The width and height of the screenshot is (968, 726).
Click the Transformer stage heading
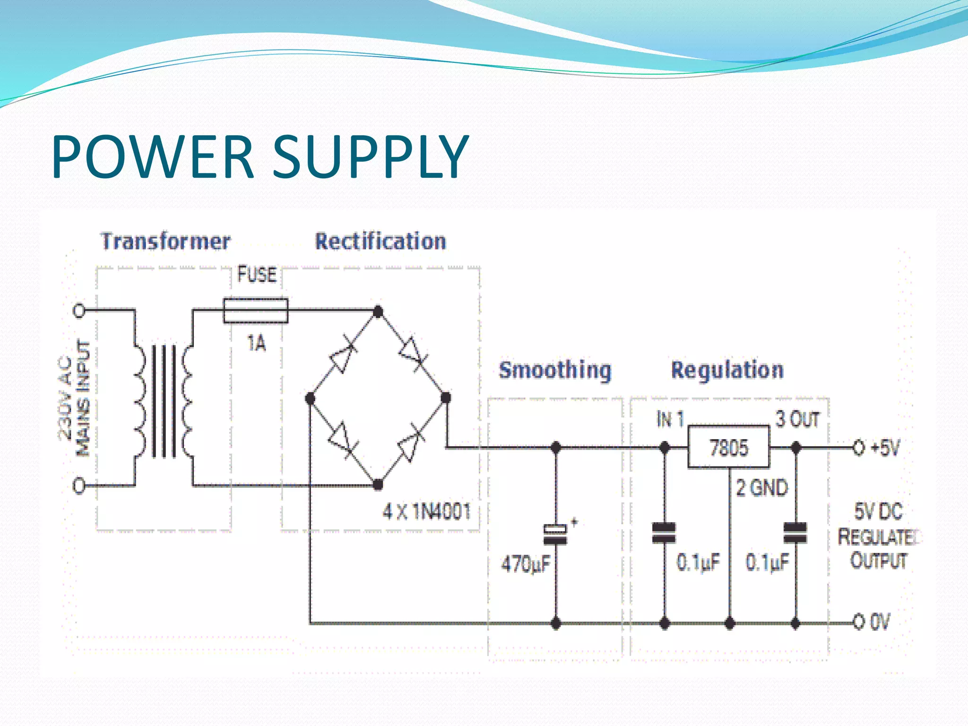(x=165, y=241)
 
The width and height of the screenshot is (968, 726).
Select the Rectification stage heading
(x=380, y=241)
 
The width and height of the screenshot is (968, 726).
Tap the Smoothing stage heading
(x=555, y=370)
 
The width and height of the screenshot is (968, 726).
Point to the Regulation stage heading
(x=727, y=370)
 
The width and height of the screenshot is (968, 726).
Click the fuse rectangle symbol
(x=256, y=311)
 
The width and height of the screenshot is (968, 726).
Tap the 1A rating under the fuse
(x=257, y=344)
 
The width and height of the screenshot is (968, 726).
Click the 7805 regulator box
(x=728, y=447)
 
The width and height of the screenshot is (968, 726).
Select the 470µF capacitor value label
(x=526, y=564)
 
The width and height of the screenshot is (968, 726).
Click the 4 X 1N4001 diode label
(x=427, y=511)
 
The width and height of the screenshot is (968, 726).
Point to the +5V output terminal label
(x=885, y=447)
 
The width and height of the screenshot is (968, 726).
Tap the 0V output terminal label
(x=880, y=622)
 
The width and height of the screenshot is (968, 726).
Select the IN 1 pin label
(x=670, y=419)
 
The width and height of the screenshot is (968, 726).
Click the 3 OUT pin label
(x=797, y=419)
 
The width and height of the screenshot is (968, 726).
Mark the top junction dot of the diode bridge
(x=378, y=311)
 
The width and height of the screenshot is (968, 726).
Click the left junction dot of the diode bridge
(x=310, y=398)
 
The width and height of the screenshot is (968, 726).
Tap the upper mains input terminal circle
(x=79, y=311)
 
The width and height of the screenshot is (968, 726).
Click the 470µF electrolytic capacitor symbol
(x=555, y=535)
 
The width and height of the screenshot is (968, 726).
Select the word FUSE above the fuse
(x=257, y=275)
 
